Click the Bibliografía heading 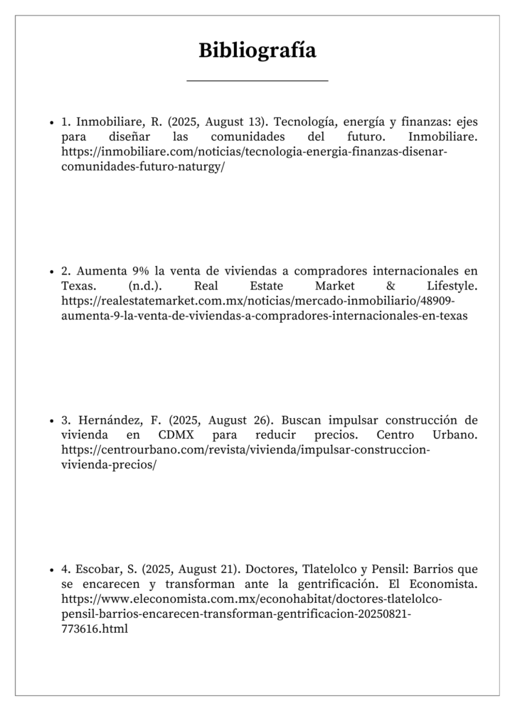[x=257, y=51]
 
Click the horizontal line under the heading [x=257, y=81]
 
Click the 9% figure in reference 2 [x=139, y=271]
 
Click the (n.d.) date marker [x=147, y=286]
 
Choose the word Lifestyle [x=452, y=286]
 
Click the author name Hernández [x=107, y=419]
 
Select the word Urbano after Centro [x=455, y=434]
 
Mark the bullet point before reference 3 [x=52, y=420]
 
